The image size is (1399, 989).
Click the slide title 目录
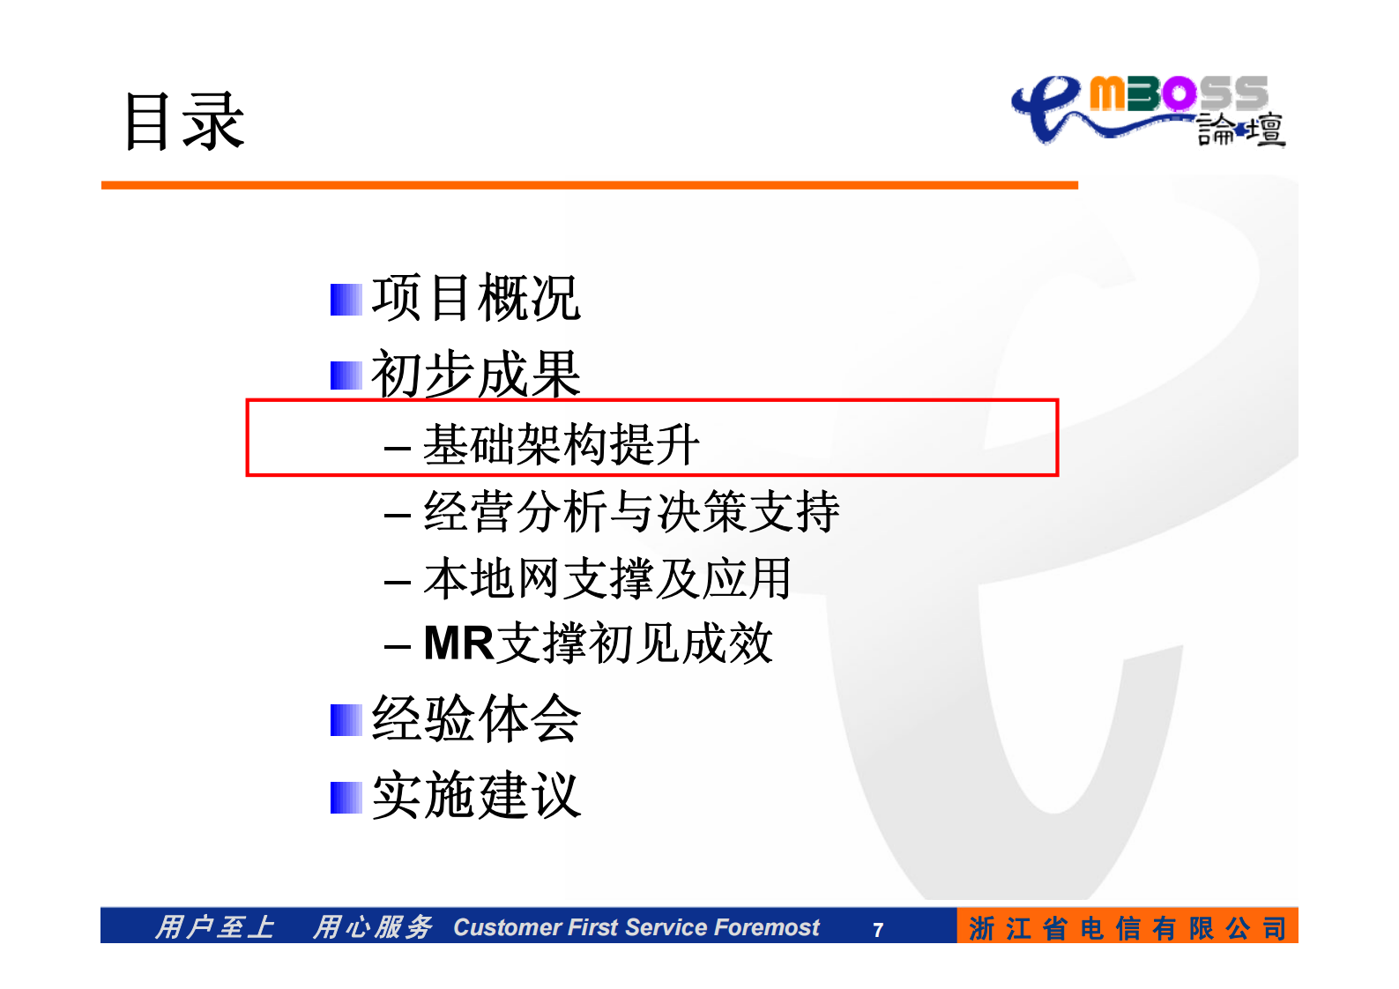[x=183, y=121]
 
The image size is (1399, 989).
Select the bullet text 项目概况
[x=475, y=298]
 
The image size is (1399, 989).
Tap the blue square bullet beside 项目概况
[x=346, y=300]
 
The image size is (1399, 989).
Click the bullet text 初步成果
[x=475, y=374]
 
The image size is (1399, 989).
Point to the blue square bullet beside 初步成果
[x=346, y=376]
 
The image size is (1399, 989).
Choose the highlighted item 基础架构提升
[x=561, y=443]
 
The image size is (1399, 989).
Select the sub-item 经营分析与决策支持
[x=631, y=511]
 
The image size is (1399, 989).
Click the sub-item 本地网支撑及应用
[x=606, y=579]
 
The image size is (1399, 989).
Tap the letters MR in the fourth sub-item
[x=458, y=643]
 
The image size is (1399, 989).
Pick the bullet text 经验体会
[x=475, y=718]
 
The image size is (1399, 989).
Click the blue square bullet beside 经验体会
[x=346, y=720]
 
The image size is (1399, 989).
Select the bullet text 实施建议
[x=475, y=795]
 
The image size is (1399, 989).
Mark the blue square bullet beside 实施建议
[x=346, y=798]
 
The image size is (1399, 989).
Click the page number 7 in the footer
[x=877, y=929]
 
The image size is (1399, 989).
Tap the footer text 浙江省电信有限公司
[x=1127, y=927]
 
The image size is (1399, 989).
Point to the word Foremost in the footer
[x=766, y=927]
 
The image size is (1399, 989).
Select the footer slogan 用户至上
[x=214, y=927]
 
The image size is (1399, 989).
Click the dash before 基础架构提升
[x=398, y=447]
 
